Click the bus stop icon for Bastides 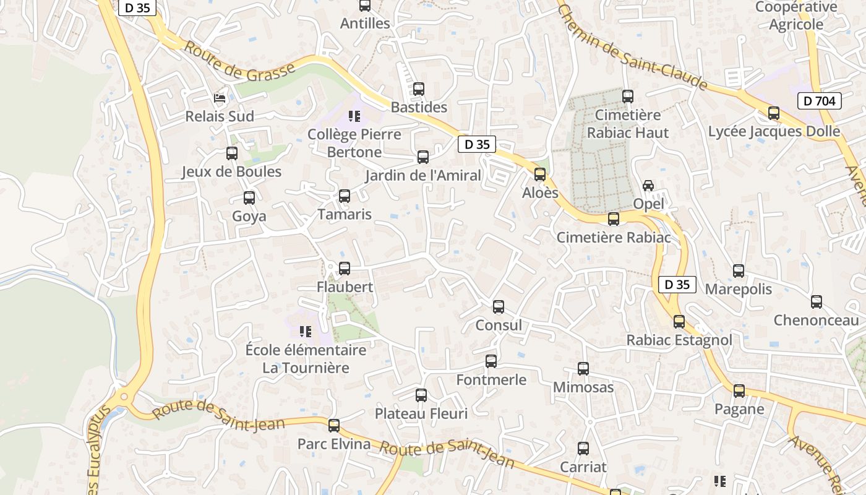[x=419, y=89]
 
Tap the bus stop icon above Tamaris [x=345, y=196]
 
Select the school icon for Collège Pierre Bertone [x=354, y=116]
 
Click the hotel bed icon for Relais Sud [x=220, y=98]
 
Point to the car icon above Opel [x=648, y=185]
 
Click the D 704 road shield [x=820, y=101]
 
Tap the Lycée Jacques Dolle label [x=774, y=131]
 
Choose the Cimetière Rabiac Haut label [x=628, y=124]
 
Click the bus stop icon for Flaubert [x=345, y=269]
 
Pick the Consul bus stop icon [x=499, y=307]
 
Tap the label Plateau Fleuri [x=421, y=413]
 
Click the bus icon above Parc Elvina [x=334, y=426]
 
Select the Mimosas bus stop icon [x=583, y=369]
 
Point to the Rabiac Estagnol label [x=679, y=340]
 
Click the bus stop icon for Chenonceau [x=817, y=302]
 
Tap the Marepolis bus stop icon [x=739, y=271]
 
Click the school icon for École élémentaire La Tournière [x=305, y=332]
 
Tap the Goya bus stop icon [x=249, y=198]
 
